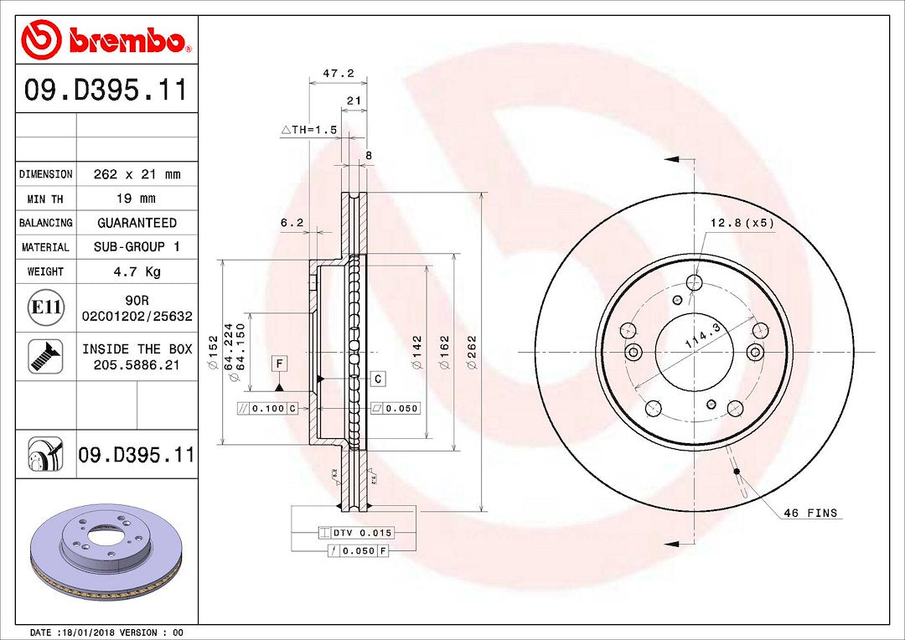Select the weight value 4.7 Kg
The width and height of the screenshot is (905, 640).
point(137,271)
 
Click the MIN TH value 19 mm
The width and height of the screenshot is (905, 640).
point(137,199)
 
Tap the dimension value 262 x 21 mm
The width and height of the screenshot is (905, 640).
point(137,173)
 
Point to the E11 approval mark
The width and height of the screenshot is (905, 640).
point(45,307)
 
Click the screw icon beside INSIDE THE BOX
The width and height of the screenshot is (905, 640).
point(45,356)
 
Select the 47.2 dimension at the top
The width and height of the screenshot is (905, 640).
point(339,73)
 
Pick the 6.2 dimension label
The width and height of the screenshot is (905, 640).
point(292,222)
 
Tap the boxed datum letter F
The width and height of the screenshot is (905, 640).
point(279,364)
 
